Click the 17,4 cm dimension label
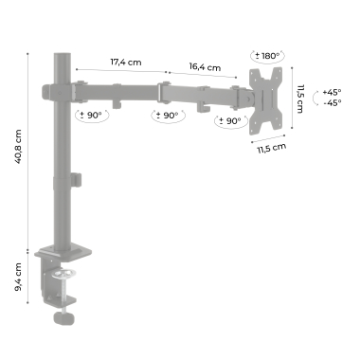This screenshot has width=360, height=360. pyautogui.click(x=126, y=62)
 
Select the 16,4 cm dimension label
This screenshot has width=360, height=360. pyautogui.click(x=205, y=67)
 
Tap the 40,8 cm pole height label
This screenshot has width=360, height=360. pyautogui.click(x=18, y=147)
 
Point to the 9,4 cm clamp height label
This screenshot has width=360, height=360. pyautogui.click(x=18, y=277)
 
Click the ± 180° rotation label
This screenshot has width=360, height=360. pyautogui.click(x=267, y=56)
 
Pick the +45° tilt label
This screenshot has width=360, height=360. pyautogui.click(x=332, y=93)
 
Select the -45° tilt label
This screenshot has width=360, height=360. pyautogui.click(x=333, y=102)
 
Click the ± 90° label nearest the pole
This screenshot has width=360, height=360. pyautogui.click(x=91, y=116)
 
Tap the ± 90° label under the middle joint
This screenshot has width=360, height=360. pyautogui.click(x=167, y=116)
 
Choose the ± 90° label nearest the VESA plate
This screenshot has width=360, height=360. pyautogui.click(x=229, y=120)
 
